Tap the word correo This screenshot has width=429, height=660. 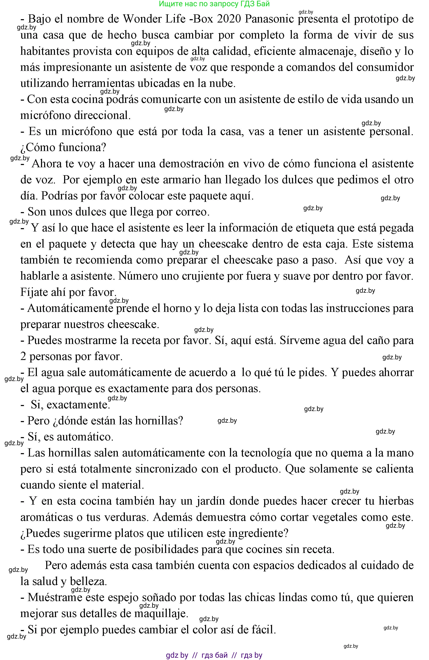tap(192, 212)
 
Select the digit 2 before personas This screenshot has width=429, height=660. tap(23, 357)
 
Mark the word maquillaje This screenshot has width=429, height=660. tap(161, 614)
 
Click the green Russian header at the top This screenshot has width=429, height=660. tap(214, 4)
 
